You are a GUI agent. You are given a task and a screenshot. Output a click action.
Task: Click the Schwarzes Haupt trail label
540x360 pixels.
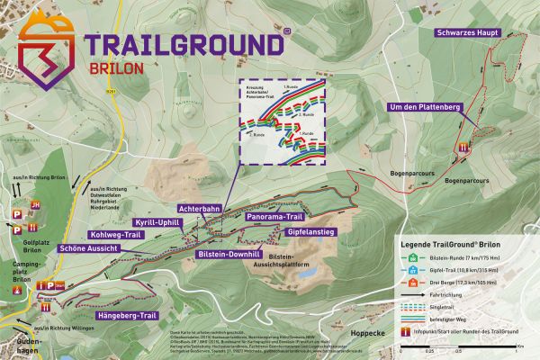(x=468, y=32)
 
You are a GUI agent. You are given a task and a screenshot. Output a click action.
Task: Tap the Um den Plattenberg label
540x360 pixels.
(x=424, y=107)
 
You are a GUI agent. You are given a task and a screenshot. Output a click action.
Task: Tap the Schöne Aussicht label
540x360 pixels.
(x=89, y=247)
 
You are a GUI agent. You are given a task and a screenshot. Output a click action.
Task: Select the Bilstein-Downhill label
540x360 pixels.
(x=225, y=255)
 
